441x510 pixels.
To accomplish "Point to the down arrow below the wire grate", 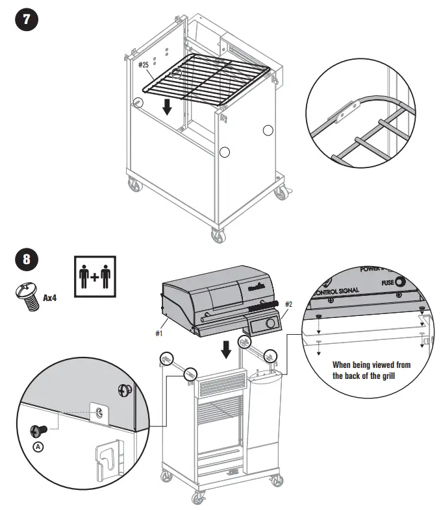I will point(168,106).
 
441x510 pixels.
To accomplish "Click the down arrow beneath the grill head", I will point(225,349).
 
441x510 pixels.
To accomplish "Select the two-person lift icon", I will point(94,277).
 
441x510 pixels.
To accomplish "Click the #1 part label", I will point(159,333).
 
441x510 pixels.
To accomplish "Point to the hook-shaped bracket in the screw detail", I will point(110,459).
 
